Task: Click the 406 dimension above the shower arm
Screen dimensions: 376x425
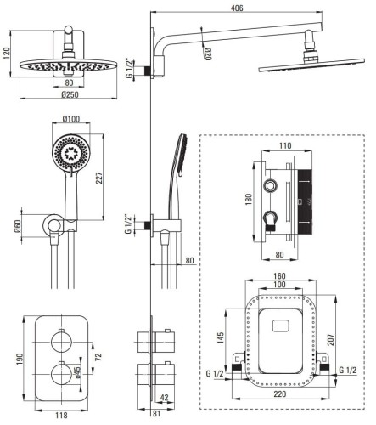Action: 237,8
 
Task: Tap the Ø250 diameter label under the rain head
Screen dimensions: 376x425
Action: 70,94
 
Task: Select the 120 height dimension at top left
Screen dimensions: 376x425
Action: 6,54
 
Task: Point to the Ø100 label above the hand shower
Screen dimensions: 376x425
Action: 71,119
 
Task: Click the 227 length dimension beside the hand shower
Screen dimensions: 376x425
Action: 99,178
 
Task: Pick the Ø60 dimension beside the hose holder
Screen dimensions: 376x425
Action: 18,226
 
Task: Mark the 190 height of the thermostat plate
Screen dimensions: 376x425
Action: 20,359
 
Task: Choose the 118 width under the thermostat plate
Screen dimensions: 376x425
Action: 61,416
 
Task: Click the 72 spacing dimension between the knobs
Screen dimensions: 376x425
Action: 98,356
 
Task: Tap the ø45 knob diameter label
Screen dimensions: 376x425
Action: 77,371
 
